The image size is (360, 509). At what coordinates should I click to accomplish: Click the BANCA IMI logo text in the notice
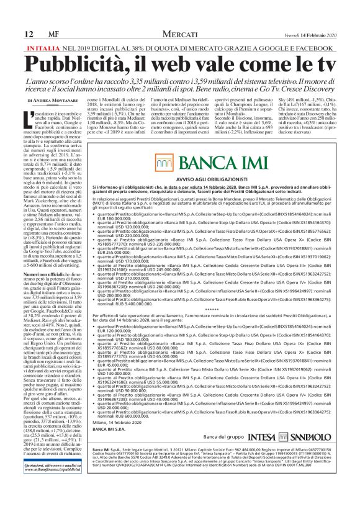(x=218, y=164)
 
